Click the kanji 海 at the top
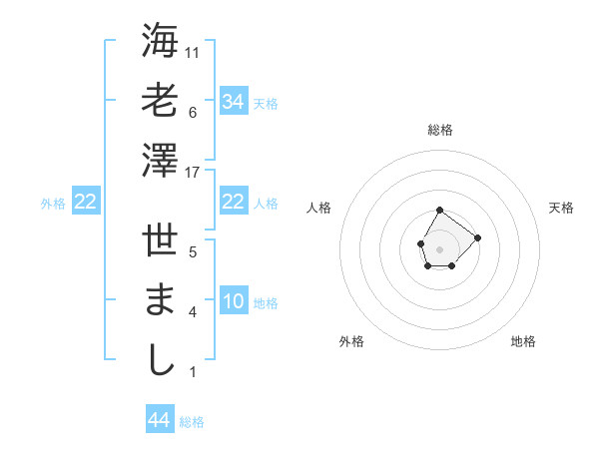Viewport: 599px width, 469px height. point(160,42)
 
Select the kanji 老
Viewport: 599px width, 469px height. point(160,100)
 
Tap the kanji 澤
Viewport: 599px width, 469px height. point(160,160)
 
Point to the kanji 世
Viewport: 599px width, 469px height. point(160,243)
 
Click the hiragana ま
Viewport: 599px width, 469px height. point(160,301)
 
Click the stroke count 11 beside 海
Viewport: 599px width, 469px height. point(194,52)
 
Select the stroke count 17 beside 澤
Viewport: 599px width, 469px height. point(194,173)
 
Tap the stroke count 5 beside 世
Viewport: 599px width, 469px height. point(192,252)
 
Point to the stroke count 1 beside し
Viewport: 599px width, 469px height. point(192,373)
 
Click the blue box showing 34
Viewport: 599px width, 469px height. point(234,102)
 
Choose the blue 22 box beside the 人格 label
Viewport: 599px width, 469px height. point(234,203)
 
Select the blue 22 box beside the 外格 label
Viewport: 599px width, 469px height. point(86,203)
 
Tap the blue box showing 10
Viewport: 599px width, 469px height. point(234,302)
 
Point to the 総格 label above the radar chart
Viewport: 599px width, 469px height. point(440,130)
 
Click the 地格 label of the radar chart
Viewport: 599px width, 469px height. point(523,341)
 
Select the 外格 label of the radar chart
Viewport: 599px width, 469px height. point(351,341)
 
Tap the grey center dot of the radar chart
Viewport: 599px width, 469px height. point(439,247)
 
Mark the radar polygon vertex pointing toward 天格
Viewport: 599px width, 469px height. point(477,237)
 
